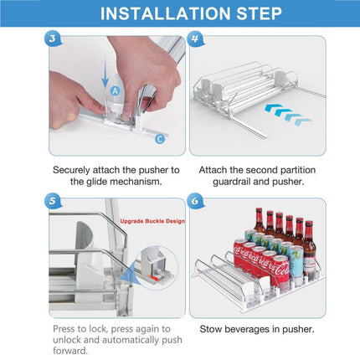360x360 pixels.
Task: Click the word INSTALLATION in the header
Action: (166, 13)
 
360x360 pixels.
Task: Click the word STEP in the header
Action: (260, 13)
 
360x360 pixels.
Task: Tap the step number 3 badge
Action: (53, 39)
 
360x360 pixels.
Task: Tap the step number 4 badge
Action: (194, 39)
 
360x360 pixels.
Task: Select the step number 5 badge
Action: (53, 201)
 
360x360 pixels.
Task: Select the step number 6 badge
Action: (194, 201)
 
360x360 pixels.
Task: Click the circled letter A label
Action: (115, 90)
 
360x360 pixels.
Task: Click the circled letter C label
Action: (160, 139)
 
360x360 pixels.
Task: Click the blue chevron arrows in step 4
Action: (287, 115)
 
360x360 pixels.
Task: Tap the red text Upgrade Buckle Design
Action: (152, 221)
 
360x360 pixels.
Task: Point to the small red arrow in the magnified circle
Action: (153, 278)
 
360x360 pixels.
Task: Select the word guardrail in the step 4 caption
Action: (232, 182)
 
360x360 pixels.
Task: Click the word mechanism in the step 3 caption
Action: (136, 182)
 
